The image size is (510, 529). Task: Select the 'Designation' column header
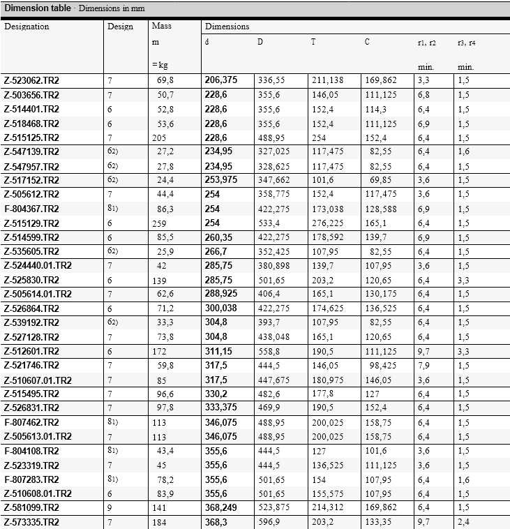tap(27, 27)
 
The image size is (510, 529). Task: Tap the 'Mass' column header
tap(161, 27)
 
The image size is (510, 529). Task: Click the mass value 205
tap(160, 137)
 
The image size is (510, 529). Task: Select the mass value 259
tap(160, 223)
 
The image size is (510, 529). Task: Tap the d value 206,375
tap(221, 80)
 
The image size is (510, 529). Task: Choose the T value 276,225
tap(327, 223)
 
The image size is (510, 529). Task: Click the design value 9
tap(110, 508)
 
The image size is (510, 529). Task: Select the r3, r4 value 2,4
tap(464, 522)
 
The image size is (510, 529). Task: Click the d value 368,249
tap(221, 508)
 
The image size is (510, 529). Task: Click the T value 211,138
tap(327, 80)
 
